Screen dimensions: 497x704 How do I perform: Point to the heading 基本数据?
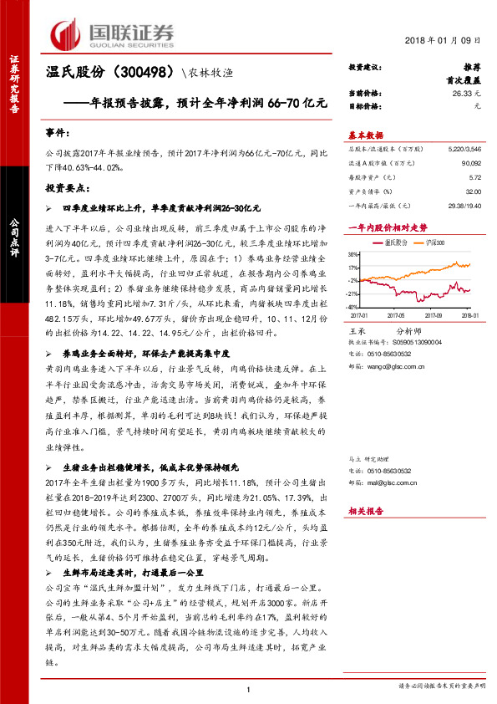[365, 134]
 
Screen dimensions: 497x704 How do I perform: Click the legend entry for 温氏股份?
[395, 242]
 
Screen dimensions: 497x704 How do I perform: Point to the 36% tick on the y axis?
[354, 254]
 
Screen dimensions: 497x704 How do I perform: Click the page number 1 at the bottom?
[248, 689]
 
